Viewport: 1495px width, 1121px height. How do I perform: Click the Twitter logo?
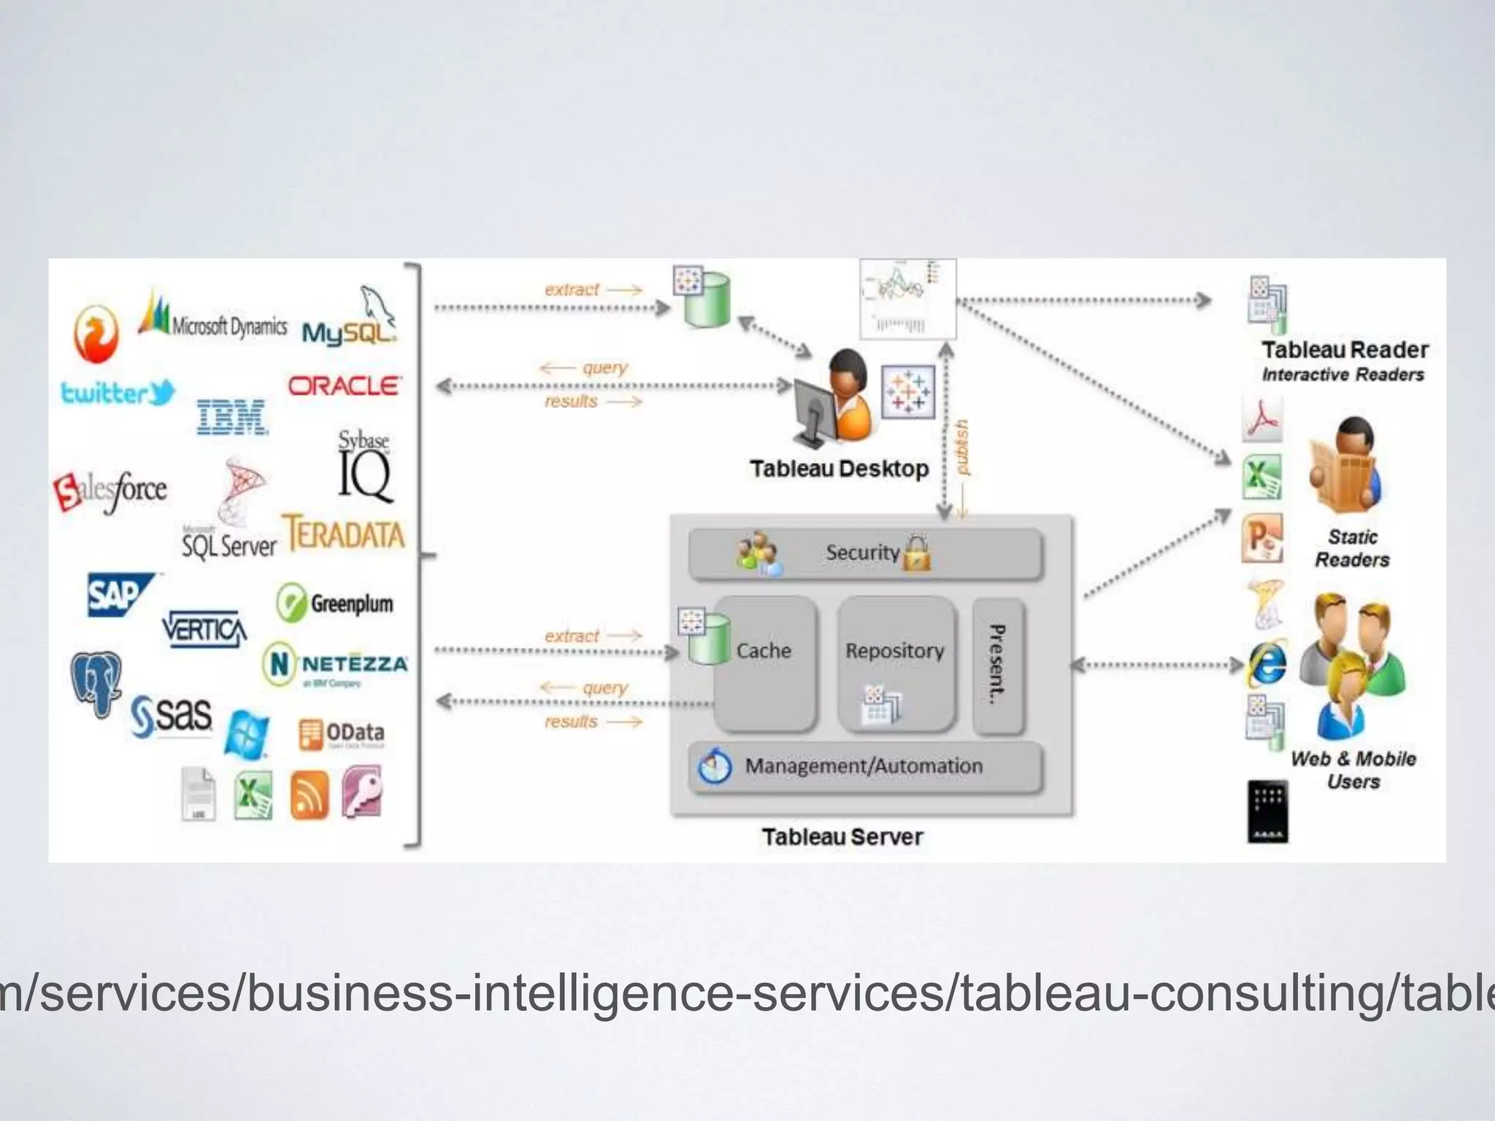[x=118, y=393]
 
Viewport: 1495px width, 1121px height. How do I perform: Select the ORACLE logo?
[x=344, y=385]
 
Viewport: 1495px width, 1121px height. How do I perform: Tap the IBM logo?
[x=232, y=417]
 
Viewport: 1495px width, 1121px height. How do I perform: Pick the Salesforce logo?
[x=111, y=490]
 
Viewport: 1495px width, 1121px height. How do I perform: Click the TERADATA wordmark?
[x=343, y=533]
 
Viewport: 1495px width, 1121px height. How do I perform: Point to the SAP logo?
[x=117, y=595]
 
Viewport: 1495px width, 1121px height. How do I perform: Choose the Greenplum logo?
[x=335, y=604]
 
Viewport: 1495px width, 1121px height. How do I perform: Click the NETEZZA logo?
[x=335, y=664]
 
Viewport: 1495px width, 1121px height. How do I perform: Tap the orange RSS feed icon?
[x=309, y=796]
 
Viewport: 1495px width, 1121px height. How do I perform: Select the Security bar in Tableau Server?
[x=865, y=553]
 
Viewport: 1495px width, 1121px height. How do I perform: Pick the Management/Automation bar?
[x=865, y=766]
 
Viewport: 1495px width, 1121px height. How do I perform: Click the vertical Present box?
[x=998, y=665]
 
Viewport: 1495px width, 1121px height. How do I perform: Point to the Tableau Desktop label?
[x=839, y=469]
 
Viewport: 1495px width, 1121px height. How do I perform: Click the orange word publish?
[x=962, y=447]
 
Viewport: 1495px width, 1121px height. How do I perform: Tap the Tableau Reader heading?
[x=1345, y=350]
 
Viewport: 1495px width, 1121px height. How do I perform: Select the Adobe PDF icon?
[x=1262, y=419]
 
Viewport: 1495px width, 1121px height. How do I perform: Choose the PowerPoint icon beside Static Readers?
[x=1262, y=538]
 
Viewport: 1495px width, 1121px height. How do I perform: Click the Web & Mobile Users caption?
[x=1353, y=770]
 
